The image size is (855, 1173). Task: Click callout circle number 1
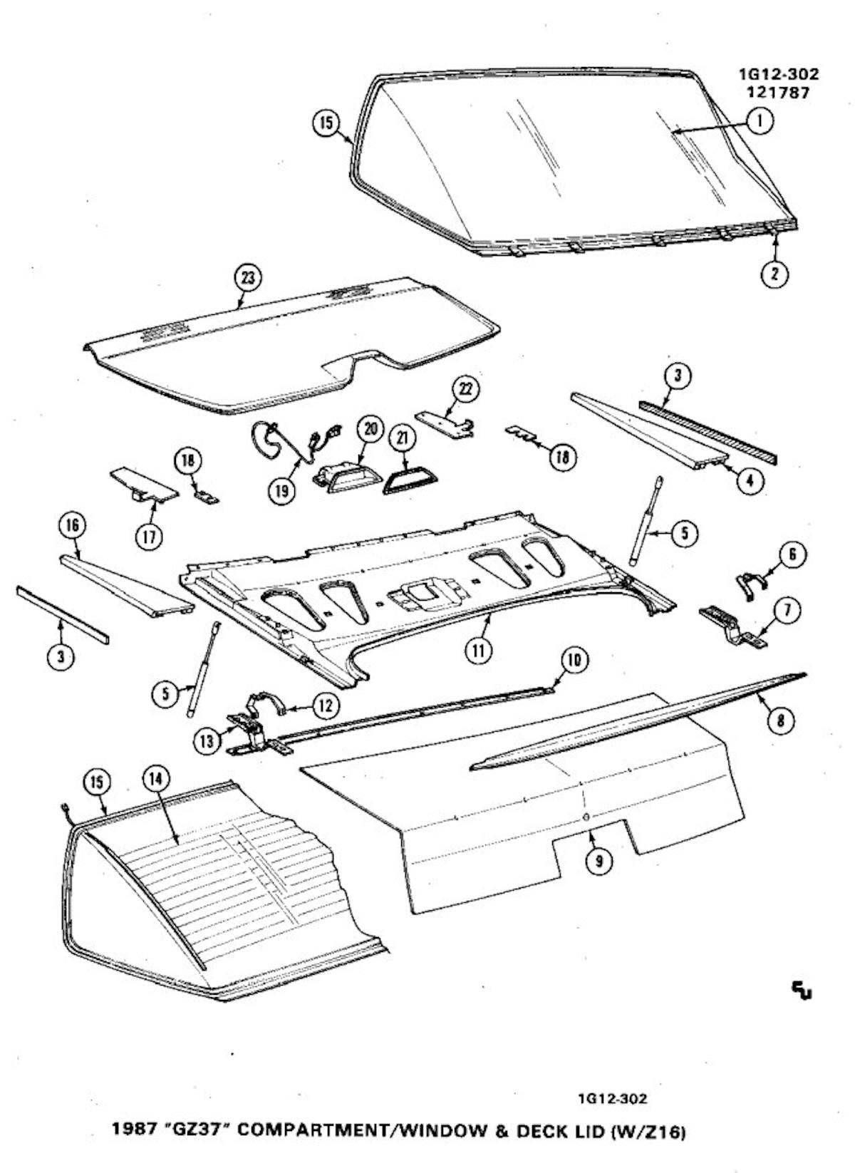point(760,122)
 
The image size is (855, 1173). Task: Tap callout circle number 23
point(248,278)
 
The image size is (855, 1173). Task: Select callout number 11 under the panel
point(479,649)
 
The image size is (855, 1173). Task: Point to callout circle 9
point(598,861)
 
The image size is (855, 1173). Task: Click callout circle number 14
point(156,780)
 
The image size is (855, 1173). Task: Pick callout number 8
point(781,721)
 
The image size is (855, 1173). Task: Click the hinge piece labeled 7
point(734,626)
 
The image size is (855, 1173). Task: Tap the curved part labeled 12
point(267,704)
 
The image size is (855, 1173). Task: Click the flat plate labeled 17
point(142,484)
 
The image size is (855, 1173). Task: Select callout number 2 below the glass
point(774,274)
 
